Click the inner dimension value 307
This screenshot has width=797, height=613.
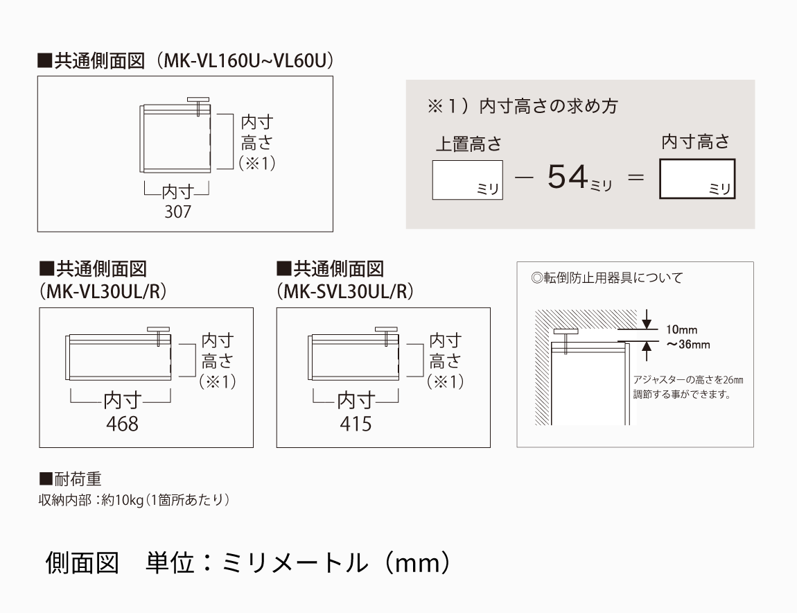pos(178,211)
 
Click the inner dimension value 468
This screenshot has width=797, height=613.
pos(122,424)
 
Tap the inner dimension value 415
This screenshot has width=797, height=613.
pos(356,424)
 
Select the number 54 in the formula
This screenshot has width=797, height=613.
pos(567,177)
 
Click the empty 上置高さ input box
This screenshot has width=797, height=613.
pos(468,180)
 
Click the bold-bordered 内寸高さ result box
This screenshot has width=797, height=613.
pos(697,178)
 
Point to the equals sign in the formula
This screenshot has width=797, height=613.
pos(636,178)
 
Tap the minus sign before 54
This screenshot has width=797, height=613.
pos(524,178)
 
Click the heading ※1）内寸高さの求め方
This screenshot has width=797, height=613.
pos(523,106)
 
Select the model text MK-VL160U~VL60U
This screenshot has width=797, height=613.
pos(245,60)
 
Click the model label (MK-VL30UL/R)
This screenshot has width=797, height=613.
pos(103,291)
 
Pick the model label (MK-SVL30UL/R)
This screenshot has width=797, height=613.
pos(346,291)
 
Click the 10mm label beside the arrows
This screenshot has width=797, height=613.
pos(682,329)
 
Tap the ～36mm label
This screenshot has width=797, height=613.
pos(688,345)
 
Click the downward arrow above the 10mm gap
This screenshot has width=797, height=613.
pos(647,320)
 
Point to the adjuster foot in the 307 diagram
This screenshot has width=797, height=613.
pos(198,105)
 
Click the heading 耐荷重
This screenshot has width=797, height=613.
pos(71,478)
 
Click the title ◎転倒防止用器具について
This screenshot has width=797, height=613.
pos(607,278)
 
